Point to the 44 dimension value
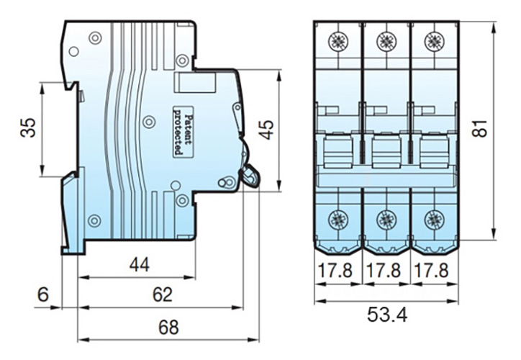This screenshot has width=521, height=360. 139,265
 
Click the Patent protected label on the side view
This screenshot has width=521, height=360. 184,134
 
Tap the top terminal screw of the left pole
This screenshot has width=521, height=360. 338,40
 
